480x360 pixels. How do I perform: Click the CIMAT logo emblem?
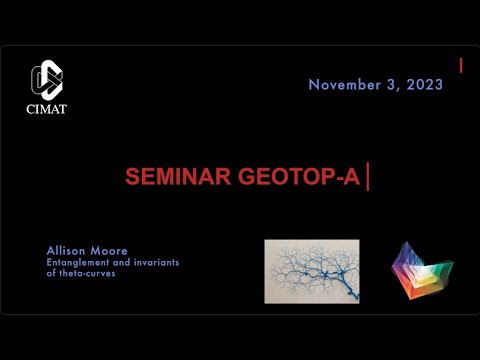tap(47, 80)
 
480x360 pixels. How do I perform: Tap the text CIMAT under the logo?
tap(47, 109)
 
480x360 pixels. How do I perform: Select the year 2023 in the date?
tap(424, 85)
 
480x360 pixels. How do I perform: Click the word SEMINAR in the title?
tap(171, 177)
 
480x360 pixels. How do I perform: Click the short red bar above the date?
tap(461, 65)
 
